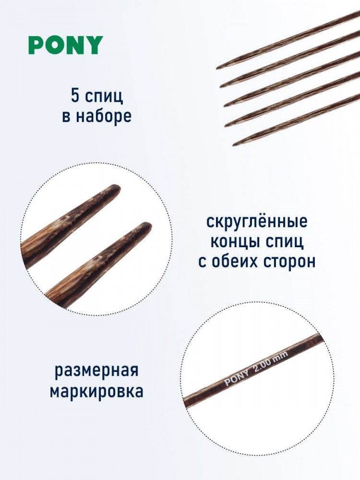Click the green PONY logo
pos(66,45)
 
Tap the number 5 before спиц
pos(75,96)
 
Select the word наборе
pos(104,116)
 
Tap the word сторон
pos(288,262)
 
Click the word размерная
pos(97,371)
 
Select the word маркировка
pos(96,391)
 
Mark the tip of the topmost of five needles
pos(217,68)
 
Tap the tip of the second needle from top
pos(220,87)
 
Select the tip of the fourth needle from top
pos(226,126)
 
